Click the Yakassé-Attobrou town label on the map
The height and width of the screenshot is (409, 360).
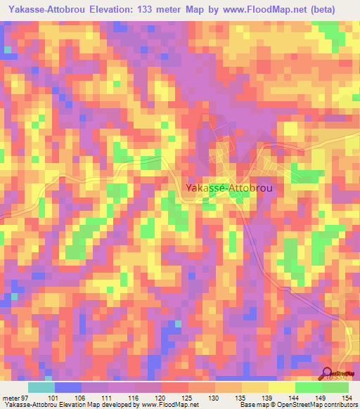pos(229,188)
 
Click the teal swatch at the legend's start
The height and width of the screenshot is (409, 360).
pos(41,387)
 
